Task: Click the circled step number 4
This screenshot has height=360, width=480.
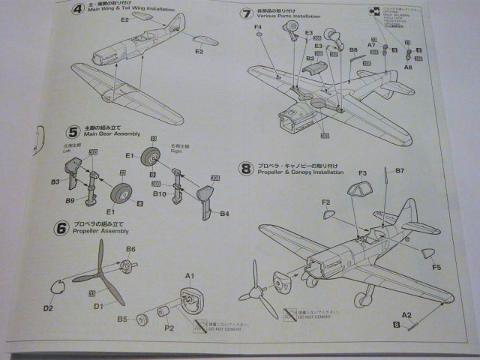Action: click(77, 10)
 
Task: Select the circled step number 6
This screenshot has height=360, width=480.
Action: click(61, 228)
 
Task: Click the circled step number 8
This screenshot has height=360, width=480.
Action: click(245, 169)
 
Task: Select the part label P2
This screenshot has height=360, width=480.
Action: click(169, 328)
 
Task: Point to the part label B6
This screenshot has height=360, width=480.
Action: click(130, 249)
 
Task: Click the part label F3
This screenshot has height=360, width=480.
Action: click(361, 174)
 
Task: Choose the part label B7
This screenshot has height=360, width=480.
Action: click(400, 171)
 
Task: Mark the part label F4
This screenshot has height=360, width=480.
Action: click(258, 28)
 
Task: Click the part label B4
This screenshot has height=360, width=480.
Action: click(224, 214)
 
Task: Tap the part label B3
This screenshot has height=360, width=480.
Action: click(55, 182)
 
